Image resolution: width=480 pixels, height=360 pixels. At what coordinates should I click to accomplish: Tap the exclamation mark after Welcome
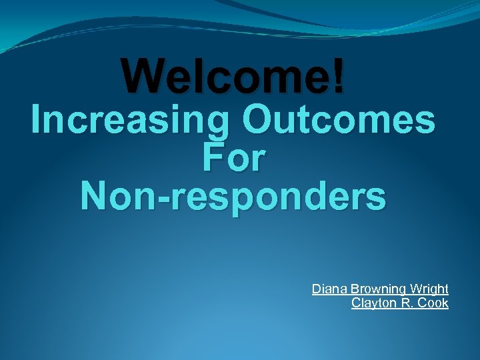(x=339, y=75)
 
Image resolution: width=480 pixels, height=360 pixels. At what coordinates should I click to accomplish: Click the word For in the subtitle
(x=233, y=159)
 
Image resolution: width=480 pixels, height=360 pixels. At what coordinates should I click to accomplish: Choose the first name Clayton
(x=371, y=303)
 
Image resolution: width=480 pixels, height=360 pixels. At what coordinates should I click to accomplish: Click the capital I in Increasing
(x=37, y=122)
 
